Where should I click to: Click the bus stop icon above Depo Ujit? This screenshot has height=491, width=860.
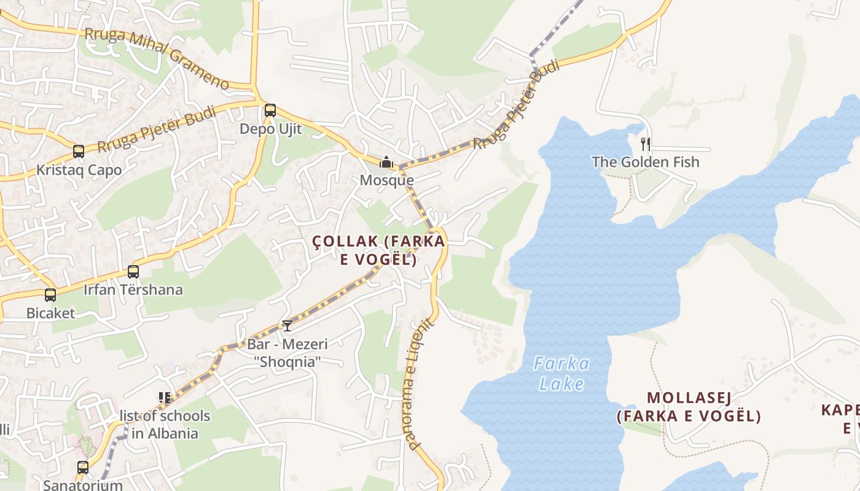tap(270, 110)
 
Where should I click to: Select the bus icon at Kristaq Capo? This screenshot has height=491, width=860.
tap(78, 151)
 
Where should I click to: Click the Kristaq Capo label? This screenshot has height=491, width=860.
tap(79, 170)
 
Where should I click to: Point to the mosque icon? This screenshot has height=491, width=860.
tap(386, 162)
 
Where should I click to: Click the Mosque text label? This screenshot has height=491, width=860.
tap(386, 180)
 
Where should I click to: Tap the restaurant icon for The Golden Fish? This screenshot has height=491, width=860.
tap(645, 144)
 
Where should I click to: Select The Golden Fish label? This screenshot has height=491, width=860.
tap(646, 162)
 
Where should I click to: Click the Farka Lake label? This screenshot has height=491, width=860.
tap(561, 374)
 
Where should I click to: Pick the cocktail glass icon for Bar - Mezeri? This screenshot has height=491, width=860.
tap(287, 326)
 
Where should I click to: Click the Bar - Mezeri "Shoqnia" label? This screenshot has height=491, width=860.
tap(287, 353)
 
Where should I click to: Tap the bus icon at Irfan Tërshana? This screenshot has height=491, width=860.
tap(133, 271)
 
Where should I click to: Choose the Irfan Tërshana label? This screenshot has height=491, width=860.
tap(133, 290)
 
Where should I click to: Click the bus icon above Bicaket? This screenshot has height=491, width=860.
tap(50, 295)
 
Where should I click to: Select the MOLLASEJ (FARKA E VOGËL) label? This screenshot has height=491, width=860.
tap(689, 407)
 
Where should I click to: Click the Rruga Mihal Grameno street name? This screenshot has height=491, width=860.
tap(156, 58)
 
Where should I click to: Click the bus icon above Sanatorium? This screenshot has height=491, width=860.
tap(83, 467)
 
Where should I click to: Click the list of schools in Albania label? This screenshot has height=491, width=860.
tap(165, 425)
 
